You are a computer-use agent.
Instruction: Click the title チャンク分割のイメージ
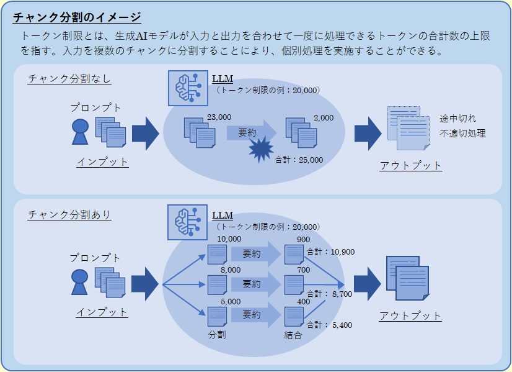point(77,17)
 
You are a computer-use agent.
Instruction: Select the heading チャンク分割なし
point(69,79)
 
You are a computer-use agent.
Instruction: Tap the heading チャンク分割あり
point(69,215)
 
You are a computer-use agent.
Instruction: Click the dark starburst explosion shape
point(261,150)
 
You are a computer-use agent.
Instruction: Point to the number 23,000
point(219,117)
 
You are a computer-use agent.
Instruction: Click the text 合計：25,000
point(299,160)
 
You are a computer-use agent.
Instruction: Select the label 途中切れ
point(458,119)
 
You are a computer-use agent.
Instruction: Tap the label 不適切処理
point(462,134)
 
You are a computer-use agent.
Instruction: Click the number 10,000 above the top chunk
point(229,239)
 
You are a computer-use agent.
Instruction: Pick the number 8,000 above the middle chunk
point(231,270)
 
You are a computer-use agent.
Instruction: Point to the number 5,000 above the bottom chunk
point(231,301)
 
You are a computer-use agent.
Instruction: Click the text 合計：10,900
point(330,252)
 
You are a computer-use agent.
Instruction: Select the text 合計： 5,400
point(330,325)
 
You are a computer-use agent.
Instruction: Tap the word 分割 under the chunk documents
point(217,335)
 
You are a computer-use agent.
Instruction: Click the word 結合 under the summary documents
point(293,335)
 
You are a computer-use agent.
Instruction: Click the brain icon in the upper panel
point(188,88)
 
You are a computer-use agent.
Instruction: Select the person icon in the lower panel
point(80,282)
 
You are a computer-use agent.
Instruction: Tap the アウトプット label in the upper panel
point(410,166)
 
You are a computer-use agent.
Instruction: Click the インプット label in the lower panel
point(102,312)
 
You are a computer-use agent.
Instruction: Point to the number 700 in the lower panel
point(303,270)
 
